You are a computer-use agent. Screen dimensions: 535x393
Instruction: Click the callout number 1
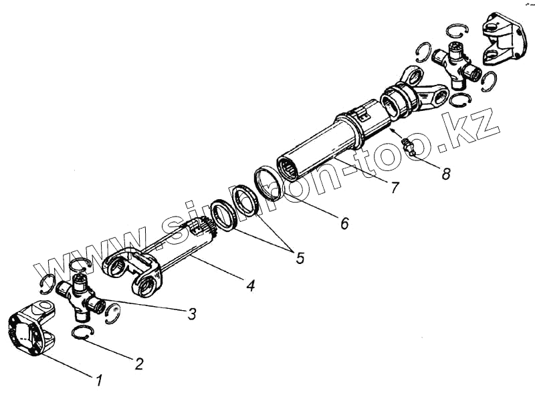(99, 380)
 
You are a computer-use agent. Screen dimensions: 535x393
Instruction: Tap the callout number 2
(138, 364)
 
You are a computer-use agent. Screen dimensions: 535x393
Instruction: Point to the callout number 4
(249, 286)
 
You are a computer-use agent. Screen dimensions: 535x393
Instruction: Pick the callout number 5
(299, 257)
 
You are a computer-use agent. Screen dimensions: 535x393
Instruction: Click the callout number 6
(344, 223)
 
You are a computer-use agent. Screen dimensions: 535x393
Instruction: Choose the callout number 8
(445, 173)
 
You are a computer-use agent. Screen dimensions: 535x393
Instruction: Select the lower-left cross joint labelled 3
(80, 296)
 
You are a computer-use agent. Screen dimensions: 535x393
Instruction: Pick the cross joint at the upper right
(457, 65)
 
